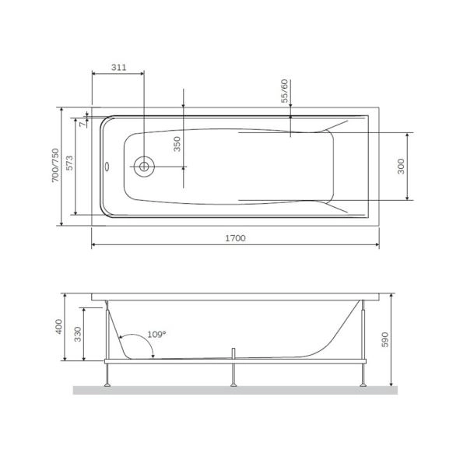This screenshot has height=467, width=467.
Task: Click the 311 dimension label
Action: tap(118, 68)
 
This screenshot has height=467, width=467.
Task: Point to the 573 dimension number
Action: tap(70, 165)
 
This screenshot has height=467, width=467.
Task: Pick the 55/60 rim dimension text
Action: tap(285, 91)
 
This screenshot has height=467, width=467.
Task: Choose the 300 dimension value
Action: tap(402, 166)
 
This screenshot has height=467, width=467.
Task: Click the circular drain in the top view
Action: tap(144, 166)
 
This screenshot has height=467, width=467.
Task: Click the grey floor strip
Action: tap(233, 389)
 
